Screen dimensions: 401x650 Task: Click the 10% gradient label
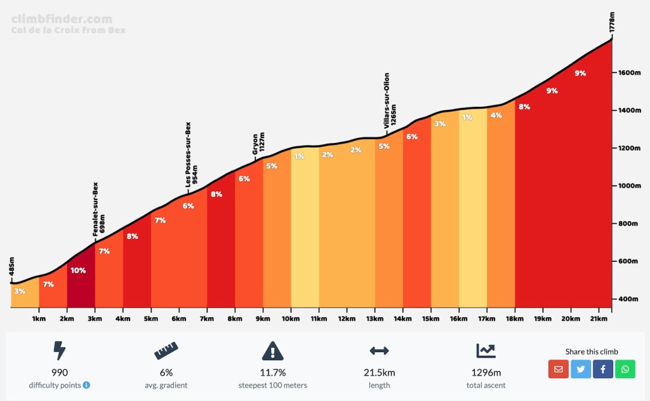(78, 270)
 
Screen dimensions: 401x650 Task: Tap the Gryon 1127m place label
(258, 144)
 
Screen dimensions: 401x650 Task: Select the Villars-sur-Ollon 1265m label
(390, 100)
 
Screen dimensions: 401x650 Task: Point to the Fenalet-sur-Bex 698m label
(98, 209)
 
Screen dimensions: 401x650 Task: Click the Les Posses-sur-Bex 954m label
(191, 154)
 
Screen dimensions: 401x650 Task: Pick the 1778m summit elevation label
(612, 21)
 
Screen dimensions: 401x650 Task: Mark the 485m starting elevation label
(11, 269)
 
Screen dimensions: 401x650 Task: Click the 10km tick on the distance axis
(291, 318)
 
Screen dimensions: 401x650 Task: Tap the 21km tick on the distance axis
(598, 318)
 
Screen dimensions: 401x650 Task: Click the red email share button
(559, 369)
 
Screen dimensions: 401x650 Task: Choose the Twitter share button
(581, 369)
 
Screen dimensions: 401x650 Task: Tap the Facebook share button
(603, 369)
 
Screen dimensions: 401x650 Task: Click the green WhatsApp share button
(625, 369)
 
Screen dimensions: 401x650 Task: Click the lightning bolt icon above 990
(60, 350)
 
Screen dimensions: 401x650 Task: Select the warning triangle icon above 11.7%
(272, 350)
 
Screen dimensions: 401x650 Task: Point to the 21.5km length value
(379, 372)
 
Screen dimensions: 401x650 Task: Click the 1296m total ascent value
(486, 372)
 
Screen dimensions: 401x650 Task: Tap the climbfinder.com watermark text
(62, 20)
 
